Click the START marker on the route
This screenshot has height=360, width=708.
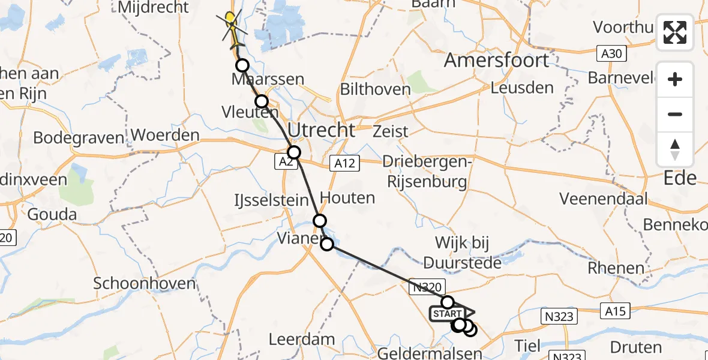[448, 314]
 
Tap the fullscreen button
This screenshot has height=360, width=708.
[675, 32]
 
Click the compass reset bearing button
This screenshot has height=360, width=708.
[675, 149]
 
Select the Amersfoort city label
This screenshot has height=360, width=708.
[496, 61]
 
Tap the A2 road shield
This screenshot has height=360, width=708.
[287, 161]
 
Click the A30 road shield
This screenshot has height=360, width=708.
[612, 55]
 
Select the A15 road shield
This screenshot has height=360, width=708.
[616, 311]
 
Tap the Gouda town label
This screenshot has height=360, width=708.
[53, 215]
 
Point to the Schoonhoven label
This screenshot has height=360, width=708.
[145, 283]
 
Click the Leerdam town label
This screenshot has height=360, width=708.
[302, 339]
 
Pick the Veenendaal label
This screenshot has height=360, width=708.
[604, 198]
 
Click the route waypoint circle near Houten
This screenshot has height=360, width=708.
[320, 221]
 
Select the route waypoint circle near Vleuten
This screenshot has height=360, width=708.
[262, 101]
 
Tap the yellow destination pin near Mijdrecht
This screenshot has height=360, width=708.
[230, 19]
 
